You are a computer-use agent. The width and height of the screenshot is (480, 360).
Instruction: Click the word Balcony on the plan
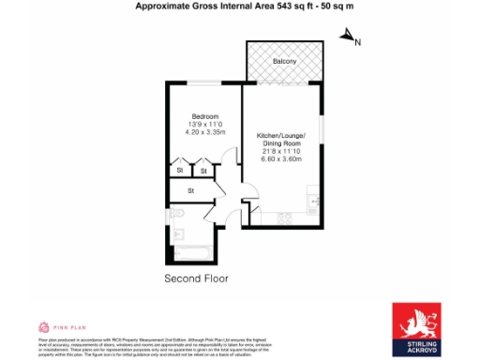point(284,61)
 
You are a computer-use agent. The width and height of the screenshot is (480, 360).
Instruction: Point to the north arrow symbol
point(346,36)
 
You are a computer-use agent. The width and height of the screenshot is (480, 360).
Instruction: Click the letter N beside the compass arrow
point(357,42)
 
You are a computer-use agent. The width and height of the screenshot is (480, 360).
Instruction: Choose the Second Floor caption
point(196,279)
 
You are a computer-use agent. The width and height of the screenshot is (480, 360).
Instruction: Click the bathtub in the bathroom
point(196,252)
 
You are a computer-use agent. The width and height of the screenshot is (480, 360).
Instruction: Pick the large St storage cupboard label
point(190,190)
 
